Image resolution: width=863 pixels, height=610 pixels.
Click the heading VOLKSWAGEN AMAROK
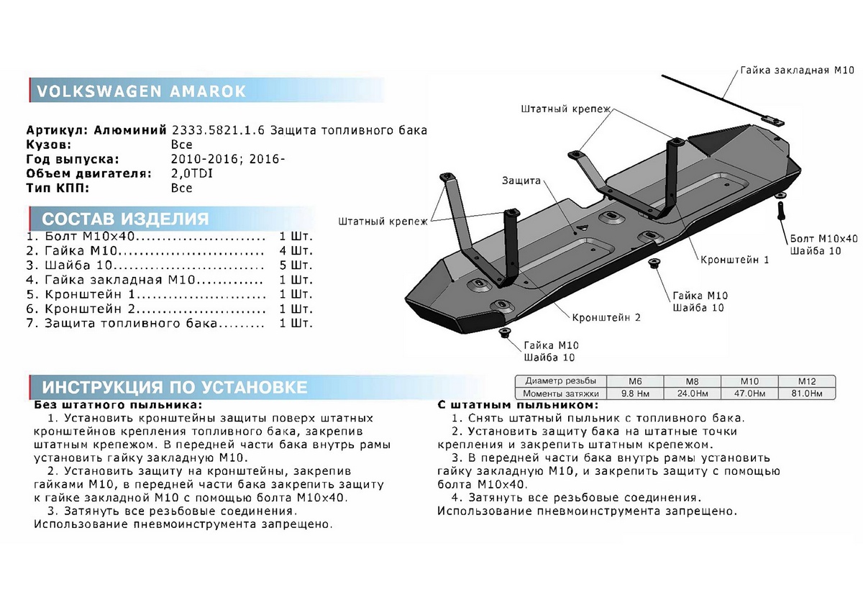[140, 91]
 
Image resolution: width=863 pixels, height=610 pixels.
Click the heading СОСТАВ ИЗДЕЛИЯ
[125, 219]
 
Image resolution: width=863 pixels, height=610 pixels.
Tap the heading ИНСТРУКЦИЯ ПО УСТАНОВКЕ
[175, 387]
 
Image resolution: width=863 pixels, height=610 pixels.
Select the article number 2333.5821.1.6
[218, 130]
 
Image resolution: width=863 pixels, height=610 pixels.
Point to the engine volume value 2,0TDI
[192, 173]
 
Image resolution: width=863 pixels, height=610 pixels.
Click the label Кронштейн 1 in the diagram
[736, 259]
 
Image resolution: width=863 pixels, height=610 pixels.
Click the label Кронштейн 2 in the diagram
[606, 317]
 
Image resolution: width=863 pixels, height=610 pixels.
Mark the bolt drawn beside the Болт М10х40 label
[780, 211]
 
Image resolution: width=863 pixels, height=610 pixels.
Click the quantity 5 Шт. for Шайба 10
[296, 265]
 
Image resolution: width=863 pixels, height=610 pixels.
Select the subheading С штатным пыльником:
[512, 405]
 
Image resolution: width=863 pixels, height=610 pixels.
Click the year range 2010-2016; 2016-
[228, 159]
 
